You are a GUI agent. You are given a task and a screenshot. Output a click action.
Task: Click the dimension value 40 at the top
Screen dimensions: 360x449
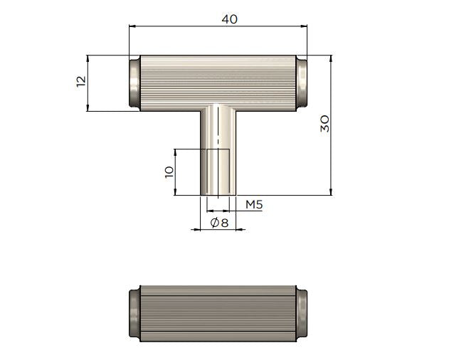(x=229, y=19)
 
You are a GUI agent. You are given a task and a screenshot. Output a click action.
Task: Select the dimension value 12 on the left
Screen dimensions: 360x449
(x=80, y=83)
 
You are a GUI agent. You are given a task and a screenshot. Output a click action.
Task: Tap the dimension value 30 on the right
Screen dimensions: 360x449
(x=324, y=125)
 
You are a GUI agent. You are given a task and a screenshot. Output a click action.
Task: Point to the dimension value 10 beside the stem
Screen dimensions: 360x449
(x=169, y=171)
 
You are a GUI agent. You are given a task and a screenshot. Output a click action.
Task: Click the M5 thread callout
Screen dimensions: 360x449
(x=255, y=205)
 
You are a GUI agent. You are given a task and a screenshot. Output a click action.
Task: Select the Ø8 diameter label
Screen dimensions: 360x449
(x=219, y=223)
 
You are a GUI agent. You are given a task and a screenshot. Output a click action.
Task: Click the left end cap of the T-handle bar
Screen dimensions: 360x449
(x=133, y=83)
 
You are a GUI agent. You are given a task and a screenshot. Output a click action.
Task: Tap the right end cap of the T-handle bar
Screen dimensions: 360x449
(x=303, y=83)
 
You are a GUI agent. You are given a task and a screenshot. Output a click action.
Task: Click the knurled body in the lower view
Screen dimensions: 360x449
(x=218, y=314)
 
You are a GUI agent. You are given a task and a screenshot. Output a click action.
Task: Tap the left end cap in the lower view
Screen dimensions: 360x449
(x=133, y=314)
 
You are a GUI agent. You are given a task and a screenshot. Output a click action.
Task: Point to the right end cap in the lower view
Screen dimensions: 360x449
(x=303, y=314)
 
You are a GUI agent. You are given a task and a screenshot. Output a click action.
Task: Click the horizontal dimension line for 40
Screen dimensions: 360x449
(x=178, y=26)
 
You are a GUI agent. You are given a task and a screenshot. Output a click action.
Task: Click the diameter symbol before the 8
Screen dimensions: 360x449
(x=214, y=223)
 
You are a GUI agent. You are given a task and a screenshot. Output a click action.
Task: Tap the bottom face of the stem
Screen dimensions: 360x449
(x=218, y=194)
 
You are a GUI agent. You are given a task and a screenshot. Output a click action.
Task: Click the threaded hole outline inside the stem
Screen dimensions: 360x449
(x=218, y=171)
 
